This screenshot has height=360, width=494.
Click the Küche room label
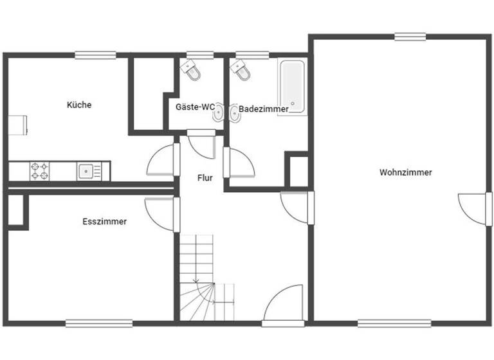[x=79, y=105]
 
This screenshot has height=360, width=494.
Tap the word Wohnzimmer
[x=405, y=172]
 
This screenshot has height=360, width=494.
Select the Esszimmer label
[x=104, y=221]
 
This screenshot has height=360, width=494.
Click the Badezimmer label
[x=264, y=109]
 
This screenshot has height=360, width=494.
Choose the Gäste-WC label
[x=195, y=107]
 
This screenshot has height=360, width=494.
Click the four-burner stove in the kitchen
[x=39, y=171]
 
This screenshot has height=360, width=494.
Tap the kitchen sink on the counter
[x=86, y=171]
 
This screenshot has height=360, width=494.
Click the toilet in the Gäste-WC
[x=192, y=70]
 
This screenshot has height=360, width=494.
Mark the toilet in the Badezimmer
[x=241, y=71]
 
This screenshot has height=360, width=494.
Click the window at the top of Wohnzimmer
[x=410, y=37]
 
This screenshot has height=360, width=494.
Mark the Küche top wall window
[x=95, y=55]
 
